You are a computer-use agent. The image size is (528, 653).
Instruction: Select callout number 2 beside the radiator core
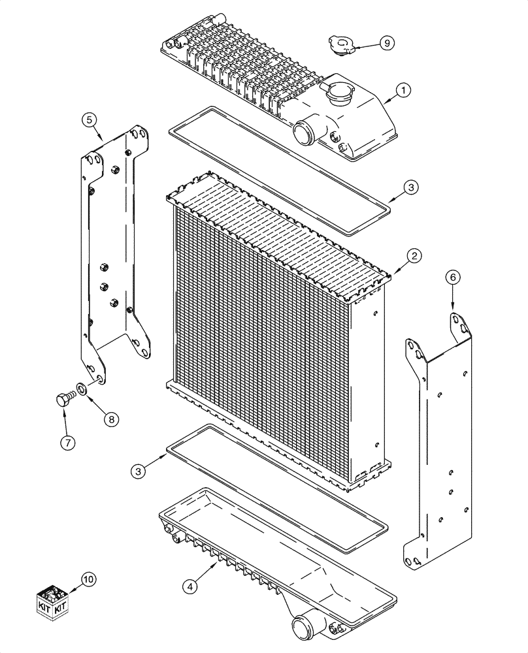413,255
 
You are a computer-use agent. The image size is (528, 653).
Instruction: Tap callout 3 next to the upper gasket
409,187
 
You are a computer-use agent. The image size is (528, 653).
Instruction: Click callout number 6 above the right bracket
452,278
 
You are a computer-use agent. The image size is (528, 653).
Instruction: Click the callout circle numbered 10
88,579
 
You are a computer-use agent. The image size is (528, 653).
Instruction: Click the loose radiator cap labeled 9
341,46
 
